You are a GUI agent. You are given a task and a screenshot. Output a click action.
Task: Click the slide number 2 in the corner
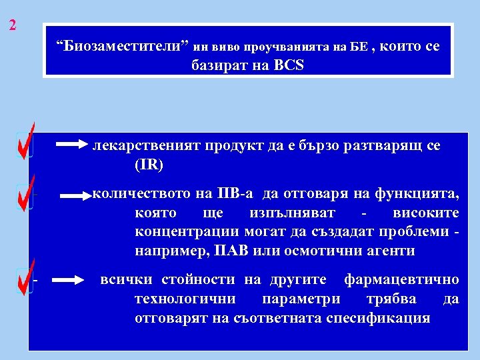click(13, 26)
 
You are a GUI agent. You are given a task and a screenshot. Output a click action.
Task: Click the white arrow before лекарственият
click(71, 144)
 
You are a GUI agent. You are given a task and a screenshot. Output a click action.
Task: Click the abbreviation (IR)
click(149, 163)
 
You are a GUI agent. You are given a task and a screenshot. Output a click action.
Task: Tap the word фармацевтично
click(401, 279)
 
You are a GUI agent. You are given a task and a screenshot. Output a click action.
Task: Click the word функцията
click(419, 195)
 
